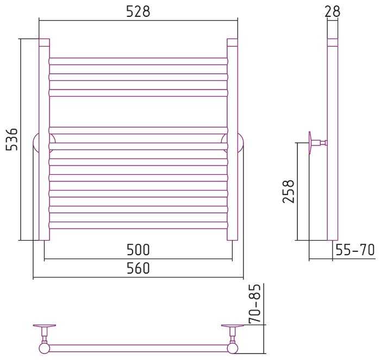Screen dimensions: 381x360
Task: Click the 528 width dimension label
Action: click(138, 11)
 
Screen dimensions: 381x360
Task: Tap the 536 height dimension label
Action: click(11, 140)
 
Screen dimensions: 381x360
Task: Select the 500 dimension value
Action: click(138, 250)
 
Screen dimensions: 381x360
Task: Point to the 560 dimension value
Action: click(138, 268)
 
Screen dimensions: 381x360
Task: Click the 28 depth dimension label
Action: click(333, 11)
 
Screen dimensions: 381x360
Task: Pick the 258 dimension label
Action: click(289, 192)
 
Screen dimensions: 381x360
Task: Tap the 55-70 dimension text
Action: click(355, 250)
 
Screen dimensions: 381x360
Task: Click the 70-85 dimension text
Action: click(255, 304)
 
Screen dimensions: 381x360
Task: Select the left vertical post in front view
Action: click(44, 140)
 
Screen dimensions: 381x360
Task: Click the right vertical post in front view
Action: click(232, 140)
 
